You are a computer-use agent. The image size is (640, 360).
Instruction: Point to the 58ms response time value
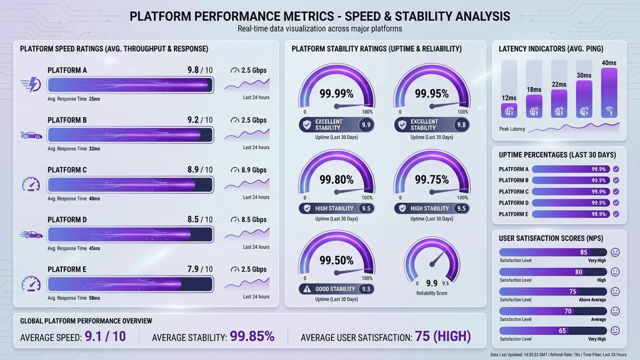click(x=95, y=298)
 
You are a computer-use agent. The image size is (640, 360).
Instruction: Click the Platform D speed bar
click(x=130, y=234)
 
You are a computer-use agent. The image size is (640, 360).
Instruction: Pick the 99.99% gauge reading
click(x=336, y=94)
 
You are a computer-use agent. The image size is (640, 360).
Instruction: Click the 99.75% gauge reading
click(x=432, y=180)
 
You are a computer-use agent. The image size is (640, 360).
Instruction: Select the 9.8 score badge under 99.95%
click(x=461, y=125)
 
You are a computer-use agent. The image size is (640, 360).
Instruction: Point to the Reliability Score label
click(x=432, y=293)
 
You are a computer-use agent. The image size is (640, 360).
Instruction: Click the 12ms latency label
click(x=509, y=98)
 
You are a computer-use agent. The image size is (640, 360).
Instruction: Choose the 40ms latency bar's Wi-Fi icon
click(x=609, y=111)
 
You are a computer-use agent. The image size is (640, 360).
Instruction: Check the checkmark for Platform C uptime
click(x=616, y=191)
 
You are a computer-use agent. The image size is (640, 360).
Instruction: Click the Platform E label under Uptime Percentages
click(x=514, y=214)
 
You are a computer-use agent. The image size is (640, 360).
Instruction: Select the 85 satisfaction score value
click(x=583, y=252)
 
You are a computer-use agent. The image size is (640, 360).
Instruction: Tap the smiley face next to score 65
click(x=615, y=331)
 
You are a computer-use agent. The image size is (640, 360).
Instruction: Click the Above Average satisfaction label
click(x=592, y=300)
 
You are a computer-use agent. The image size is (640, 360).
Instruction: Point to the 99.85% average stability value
click(x=252, y=337)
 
